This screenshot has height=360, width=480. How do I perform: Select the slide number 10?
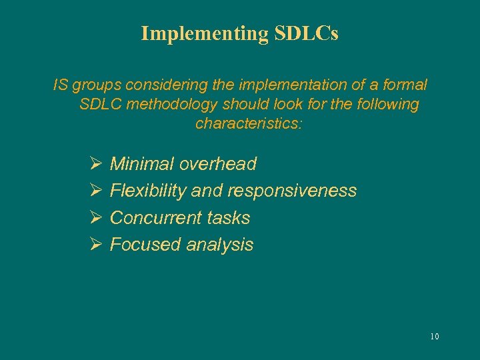pos(435,337)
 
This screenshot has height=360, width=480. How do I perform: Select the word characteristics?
pos(249,124)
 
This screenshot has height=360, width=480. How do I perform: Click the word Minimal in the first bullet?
pos(141,164)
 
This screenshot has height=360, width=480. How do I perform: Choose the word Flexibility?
pos(148,191)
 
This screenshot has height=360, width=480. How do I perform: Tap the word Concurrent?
pos(155,218)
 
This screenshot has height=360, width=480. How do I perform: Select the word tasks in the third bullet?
pos(228,218)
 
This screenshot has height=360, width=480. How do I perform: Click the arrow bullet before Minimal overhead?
pos(94,164)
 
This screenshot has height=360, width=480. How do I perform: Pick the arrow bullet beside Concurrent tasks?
pos(94,218)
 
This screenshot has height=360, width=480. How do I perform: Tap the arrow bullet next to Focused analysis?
pos(94,245)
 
